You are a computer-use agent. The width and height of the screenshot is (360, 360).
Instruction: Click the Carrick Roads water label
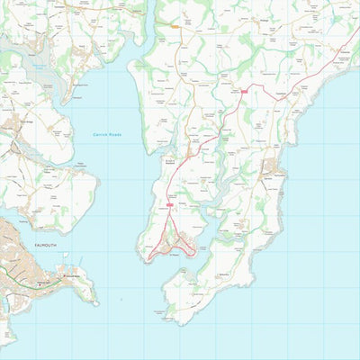coord(107,134)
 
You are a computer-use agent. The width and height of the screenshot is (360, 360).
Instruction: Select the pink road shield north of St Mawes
coord(169,205)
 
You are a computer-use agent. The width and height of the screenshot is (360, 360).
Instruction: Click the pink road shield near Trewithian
coord(243,91)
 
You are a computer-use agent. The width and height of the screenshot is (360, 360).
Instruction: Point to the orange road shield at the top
coord(174,27)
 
